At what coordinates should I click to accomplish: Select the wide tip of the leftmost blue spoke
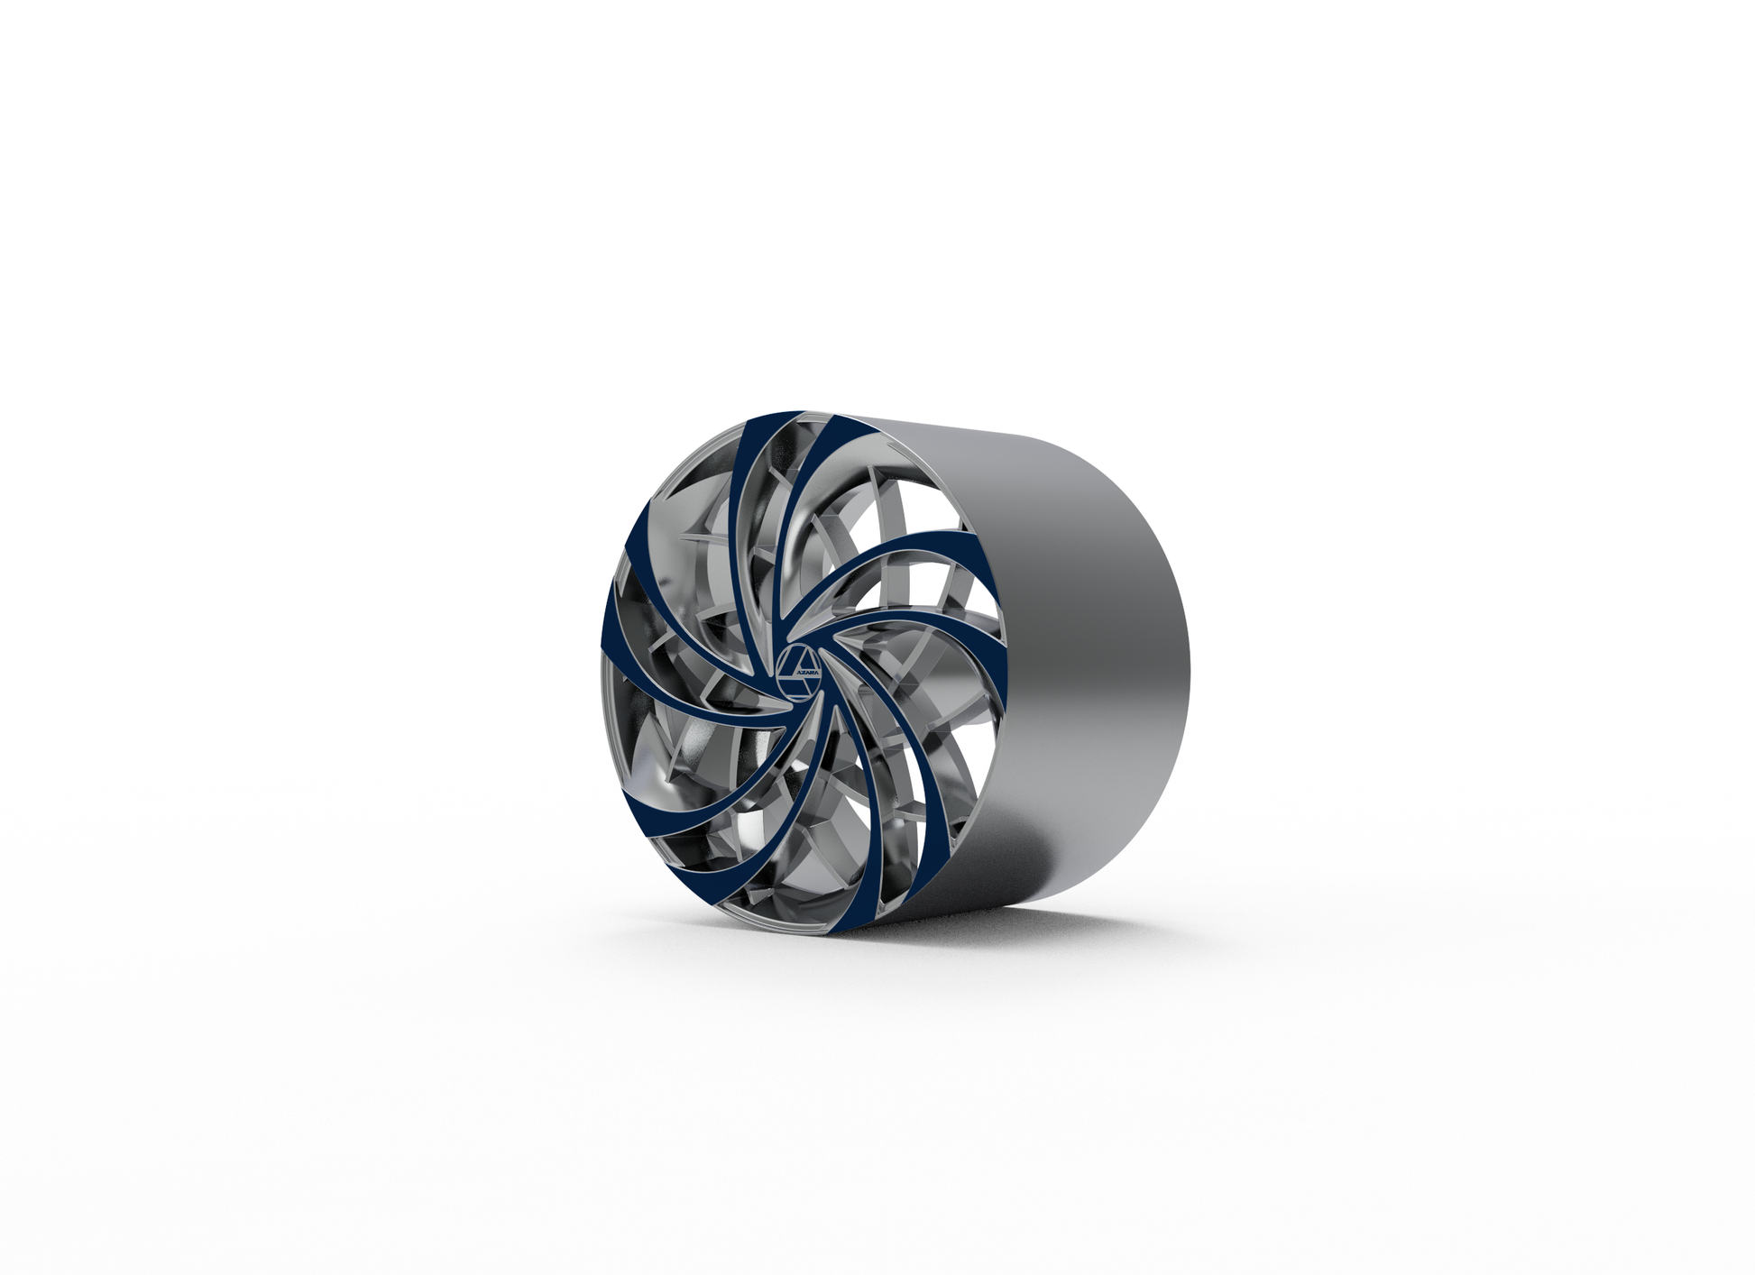point(606,631)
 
